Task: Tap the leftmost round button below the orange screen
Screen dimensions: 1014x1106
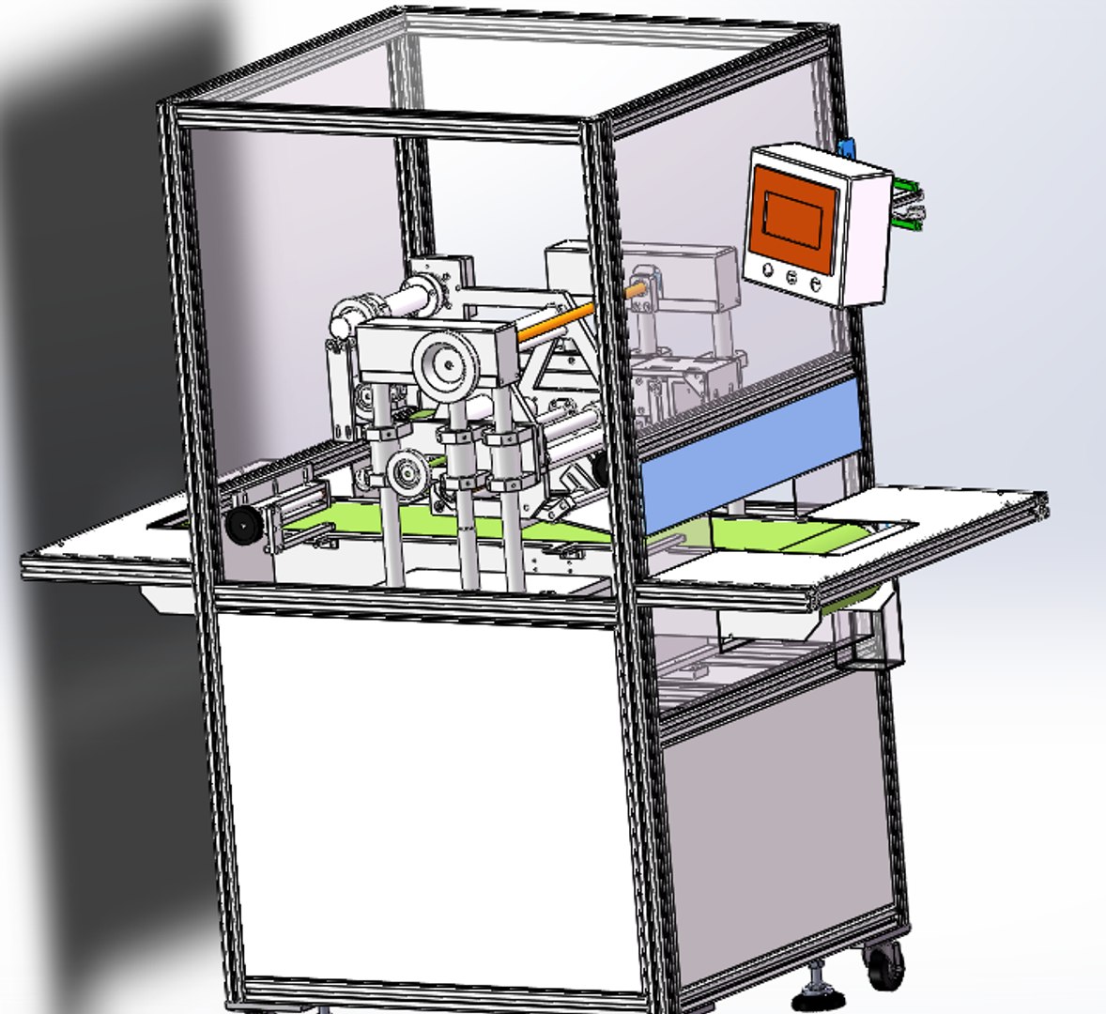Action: click(x=769, y=270)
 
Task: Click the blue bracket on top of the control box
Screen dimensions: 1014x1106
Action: click(x=849, y=148)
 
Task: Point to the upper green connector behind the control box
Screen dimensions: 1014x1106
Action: click(x=908, y=187)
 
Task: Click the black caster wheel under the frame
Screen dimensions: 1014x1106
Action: click(x=884, y=966)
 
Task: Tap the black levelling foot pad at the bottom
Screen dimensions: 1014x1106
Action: click(x=816, y=993)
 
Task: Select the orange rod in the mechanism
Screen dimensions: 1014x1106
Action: click(x=557, y=322)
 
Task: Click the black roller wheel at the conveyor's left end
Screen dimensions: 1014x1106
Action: click(x=243, y=526)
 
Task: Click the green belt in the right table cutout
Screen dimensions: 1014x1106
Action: click(x=826, y=537)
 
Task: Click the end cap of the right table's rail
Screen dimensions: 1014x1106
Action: click(x=1041, y=506)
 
